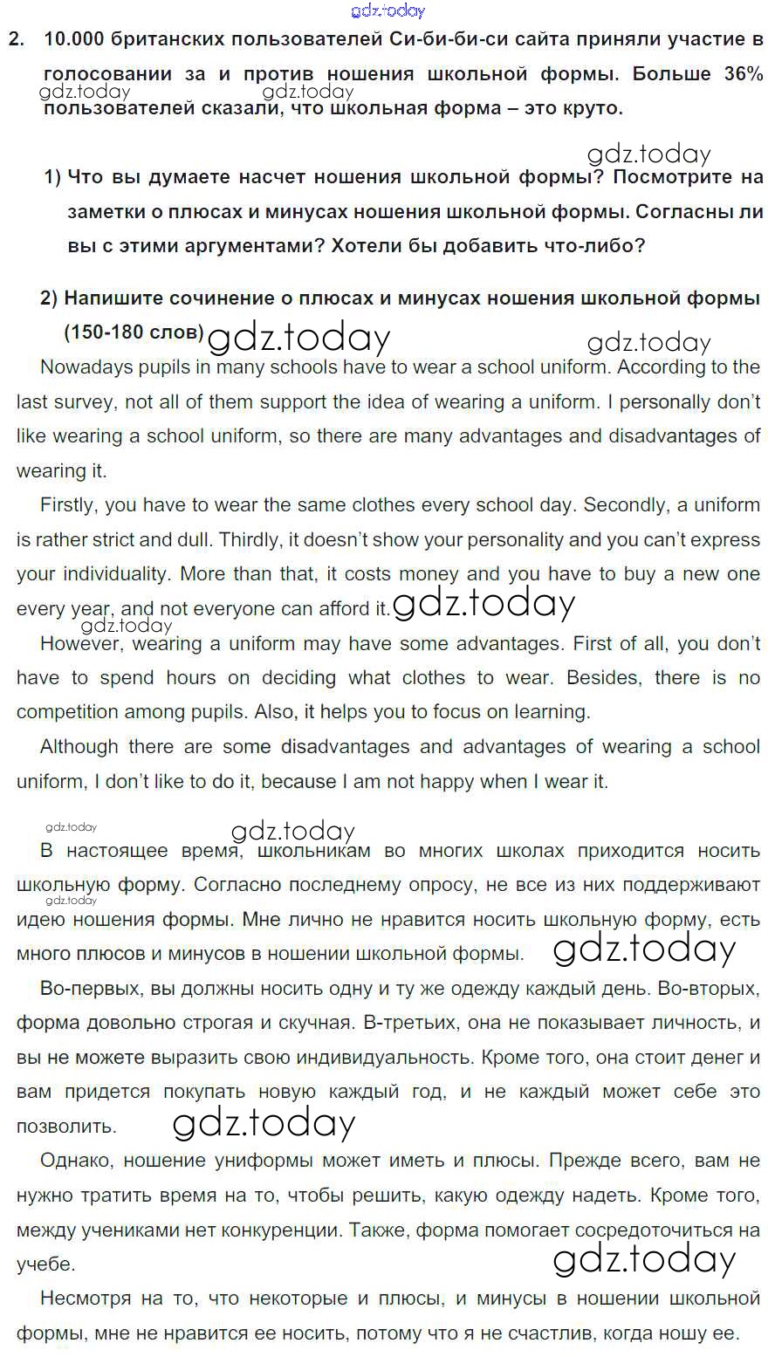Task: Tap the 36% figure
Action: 743,74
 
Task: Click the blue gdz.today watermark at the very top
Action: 387,10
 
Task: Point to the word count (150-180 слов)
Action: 134,332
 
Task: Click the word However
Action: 78,644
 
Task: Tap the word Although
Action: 79,747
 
